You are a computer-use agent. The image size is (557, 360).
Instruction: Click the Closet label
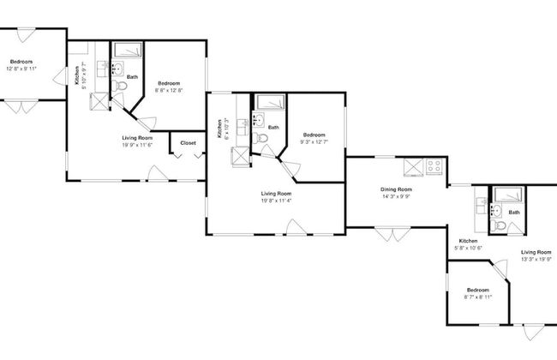[x=188, y=143]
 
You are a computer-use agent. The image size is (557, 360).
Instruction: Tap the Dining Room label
[x=396, y=189]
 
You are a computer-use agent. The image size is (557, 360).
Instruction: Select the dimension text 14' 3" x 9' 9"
[x=396, y=197]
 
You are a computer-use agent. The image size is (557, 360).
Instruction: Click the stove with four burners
[x=435, y=165]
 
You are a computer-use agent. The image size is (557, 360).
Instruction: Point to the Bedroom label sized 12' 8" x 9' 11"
[x=21, y=62]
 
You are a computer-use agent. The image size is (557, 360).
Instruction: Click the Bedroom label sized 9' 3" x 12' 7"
[x=314, y=135]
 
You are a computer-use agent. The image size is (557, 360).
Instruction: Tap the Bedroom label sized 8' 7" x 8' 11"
[x=477, y=291]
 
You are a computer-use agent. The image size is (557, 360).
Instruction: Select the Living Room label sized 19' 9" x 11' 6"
[x=137, y=137]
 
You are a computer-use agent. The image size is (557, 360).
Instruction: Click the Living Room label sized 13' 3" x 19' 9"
[x=537, y=251]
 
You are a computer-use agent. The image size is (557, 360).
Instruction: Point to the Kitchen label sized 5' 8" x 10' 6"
[x=469, y=241]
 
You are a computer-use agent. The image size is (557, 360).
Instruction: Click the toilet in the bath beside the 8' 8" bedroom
[x=118, y=87]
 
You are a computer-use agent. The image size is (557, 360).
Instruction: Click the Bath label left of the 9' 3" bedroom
[x=273, y=128]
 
